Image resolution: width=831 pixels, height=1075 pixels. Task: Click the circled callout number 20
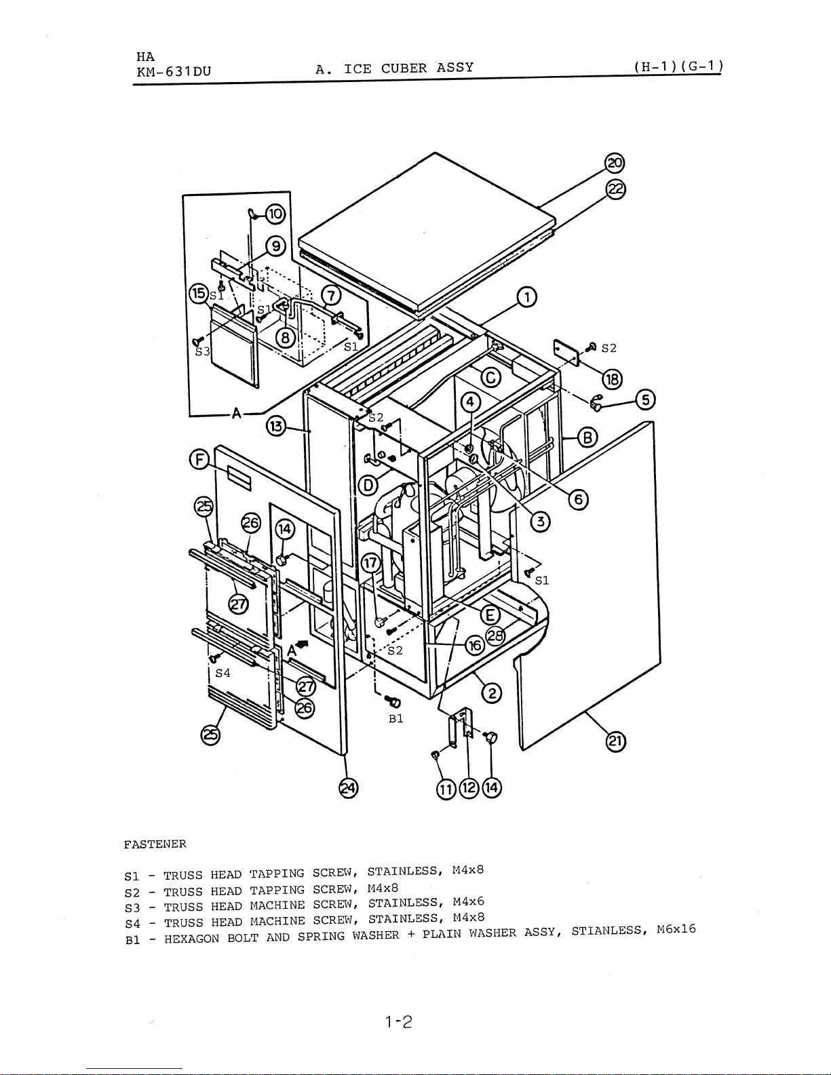(x=615, y=163)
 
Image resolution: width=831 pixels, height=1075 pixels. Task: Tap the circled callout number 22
(x=616, y=190)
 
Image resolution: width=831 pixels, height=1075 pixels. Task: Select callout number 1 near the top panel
(x=527, y=298)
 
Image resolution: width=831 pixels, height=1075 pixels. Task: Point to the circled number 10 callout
(x=275, y=214)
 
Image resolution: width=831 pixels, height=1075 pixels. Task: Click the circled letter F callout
(x=199, y=460)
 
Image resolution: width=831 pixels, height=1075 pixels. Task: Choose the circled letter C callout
(x=490, y=378)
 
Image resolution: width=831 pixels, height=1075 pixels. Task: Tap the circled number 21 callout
(x=615, y=741)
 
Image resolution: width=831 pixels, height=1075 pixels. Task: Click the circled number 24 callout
(x=348, y=789)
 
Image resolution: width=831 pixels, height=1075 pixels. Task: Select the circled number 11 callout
(x=446, y=789)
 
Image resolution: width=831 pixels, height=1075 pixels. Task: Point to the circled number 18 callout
(x=613, y=379)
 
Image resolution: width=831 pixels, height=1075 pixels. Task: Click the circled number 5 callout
(x=646, y=399)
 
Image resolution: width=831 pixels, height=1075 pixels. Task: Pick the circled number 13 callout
(x=277, y=426)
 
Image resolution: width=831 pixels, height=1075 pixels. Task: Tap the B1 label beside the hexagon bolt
(x=395, y=719)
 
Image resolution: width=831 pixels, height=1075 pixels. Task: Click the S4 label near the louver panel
(x=223, y=673)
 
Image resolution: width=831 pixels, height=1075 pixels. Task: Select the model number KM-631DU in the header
(x=174, y=72)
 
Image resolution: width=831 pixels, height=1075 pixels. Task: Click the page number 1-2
(x=399, y=1021)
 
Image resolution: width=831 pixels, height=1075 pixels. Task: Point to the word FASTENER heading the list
(x=155, y=844)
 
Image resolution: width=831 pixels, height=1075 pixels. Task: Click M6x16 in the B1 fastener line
(x=676, y=929)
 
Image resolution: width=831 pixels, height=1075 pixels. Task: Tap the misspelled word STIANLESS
(x=609, y=931)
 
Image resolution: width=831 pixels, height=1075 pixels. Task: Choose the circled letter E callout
(x=490, y=616)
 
